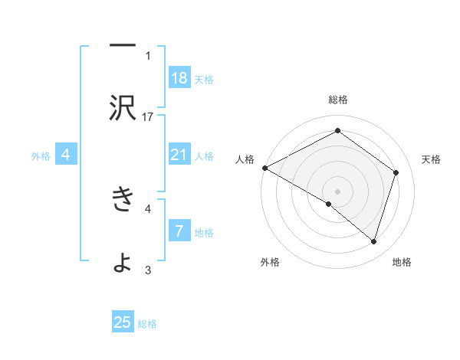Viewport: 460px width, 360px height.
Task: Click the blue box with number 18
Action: [179, 78]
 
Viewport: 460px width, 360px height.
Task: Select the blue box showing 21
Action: [179, 155]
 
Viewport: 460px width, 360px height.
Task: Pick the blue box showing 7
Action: [179, 231]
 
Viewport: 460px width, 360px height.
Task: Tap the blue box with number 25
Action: [123, 322]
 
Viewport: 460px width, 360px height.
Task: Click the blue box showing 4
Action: [66, 155]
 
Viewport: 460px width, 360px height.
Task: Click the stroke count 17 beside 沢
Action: [148, 116]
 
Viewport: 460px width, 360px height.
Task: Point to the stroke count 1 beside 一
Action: [148, 55]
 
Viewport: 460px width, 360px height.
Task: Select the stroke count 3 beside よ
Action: [148, 270]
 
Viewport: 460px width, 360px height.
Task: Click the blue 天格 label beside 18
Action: [204, 79]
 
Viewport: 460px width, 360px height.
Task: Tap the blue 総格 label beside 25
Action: [147, 323]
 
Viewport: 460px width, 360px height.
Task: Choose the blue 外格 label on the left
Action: [41, 156]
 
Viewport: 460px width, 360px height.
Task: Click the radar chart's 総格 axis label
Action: [337, 100]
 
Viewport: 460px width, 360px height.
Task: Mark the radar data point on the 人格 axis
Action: [264, 168]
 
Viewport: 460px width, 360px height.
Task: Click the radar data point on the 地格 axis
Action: [373, 241]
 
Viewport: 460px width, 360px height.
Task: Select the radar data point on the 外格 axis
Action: [328, 204]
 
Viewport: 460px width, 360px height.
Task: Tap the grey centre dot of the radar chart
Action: [337, 191]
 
